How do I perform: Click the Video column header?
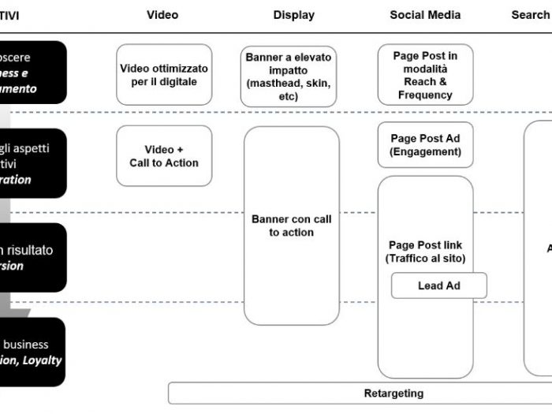[x=162, y=15]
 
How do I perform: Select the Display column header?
[x=293, y=15]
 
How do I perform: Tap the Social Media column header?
[x=425, y=15]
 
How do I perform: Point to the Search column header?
[x=530, y=15]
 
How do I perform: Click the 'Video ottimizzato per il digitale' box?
[x=164, y=75]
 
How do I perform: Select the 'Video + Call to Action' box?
[x=164, y=156]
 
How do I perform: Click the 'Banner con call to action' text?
[x=291, y=226]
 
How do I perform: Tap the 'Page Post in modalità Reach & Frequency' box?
[x=425, y=76]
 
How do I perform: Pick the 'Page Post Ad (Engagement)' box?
[x=425, y=145]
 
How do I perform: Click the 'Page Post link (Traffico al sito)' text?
[x=425, y=252]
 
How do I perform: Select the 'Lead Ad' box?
[x=438, y=285]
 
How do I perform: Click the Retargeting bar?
[x=393, y=393]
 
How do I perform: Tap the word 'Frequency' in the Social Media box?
[x=425, y=95]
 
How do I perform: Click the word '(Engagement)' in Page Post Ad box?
[x=425, y=151]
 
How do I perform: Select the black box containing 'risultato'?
[x=32, y=258]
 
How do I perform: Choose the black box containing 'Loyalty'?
[x=32, y=352]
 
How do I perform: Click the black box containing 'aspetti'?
[x=32, y=163]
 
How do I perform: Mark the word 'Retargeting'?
[x=393, y=393]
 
